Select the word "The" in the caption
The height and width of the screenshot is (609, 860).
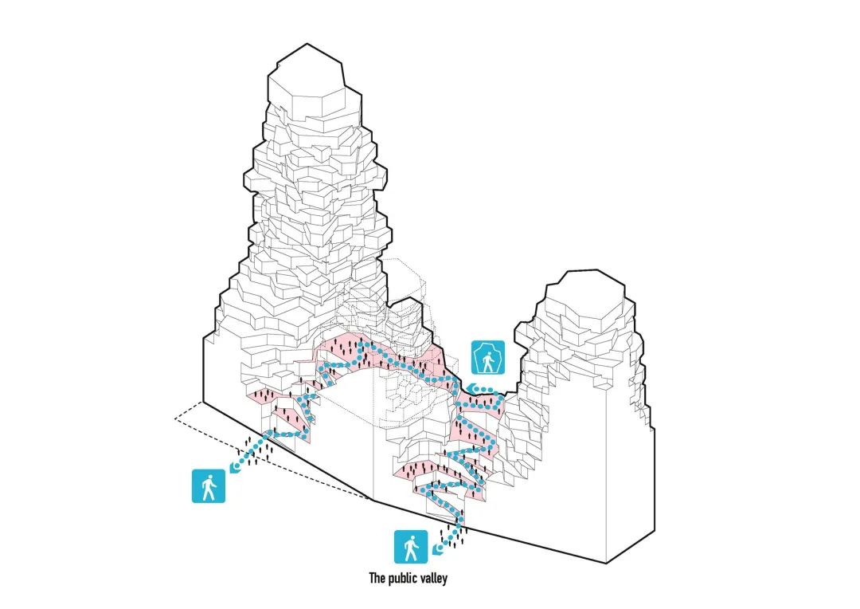coord(377,578)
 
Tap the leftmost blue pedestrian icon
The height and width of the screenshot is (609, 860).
coord(209,486)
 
